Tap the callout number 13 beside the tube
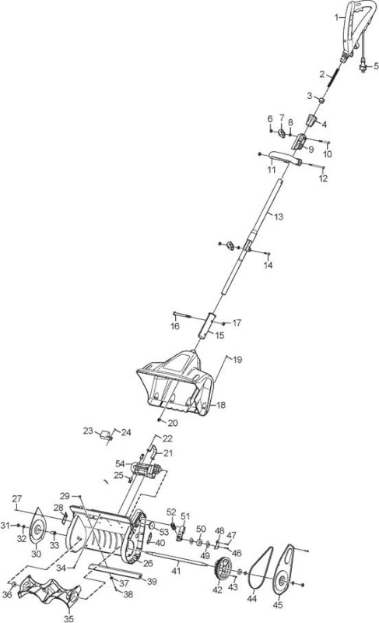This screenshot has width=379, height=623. coord(279,217)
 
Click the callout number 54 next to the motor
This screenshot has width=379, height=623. coord(120,463)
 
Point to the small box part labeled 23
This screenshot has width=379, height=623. coord(106,435)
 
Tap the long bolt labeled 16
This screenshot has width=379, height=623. coord(184,315)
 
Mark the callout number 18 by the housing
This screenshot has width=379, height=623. coord(221,405)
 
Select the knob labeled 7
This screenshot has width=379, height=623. coord(282,132)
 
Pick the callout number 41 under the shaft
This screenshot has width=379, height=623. coord(176,571)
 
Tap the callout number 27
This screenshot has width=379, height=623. coord(17,498)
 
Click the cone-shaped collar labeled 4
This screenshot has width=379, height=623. coord(311,120)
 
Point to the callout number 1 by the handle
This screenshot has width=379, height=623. coord(336,17)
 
